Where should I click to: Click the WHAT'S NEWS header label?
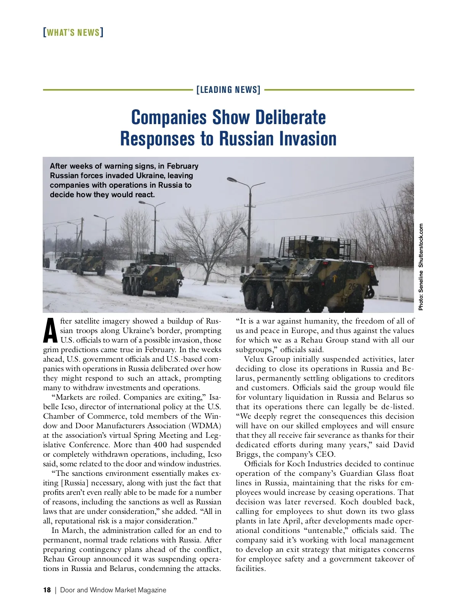[73, 33]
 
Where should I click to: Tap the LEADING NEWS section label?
[228, 90]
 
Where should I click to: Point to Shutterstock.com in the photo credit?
[421, 246]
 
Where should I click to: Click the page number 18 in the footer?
[47, 590]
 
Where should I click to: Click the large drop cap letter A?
[50, 330]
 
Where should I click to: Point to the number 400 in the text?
[160, 445]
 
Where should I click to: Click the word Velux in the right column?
[254, 359]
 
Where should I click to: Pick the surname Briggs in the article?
[247, 455]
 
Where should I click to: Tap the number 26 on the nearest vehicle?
[353, 286]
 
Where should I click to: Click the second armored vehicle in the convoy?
[152, 275]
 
